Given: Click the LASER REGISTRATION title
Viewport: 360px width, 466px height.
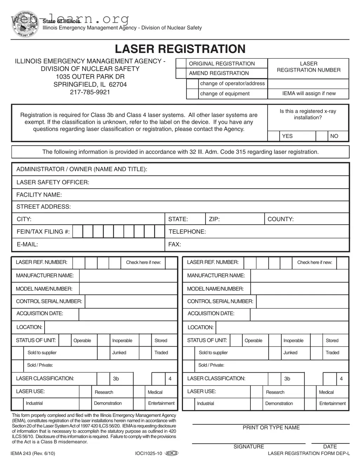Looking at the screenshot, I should click(180, 49).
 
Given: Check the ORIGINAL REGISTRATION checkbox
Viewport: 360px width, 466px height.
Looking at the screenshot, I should click(181, 64).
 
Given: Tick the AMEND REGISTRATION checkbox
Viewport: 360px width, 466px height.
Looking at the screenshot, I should click(181, 73).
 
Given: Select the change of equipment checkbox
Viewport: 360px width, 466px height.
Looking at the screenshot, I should click(192, 94).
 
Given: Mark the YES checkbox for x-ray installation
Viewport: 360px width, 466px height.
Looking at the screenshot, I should click(274, 136).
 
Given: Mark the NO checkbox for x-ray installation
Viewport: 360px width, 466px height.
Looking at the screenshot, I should click(322, 136).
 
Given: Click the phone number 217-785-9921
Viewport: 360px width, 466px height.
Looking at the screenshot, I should click(90, 92).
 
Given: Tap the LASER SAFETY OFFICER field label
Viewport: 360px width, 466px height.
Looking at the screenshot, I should click(53, 182).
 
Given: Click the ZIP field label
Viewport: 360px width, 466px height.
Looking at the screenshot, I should click(214, 219).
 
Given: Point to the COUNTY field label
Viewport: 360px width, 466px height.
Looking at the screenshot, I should click(280, 219).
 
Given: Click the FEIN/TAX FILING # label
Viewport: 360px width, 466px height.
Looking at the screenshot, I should click(43, 232).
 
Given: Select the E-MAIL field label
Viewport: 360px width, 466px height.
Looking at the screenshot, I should click(27, 244).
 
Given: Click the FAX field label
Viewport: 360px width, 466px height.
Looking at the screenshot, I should click(175, 244).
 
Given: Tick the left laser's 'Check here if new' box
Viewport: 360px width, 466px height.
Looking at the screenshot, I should click(171, 263).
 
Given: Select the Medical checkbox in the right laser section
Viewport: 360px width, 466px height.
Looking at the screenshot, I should click(310, 392).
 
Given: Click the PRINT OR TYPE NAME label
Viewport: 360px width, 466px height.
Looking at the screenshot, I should click(271, 428).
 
